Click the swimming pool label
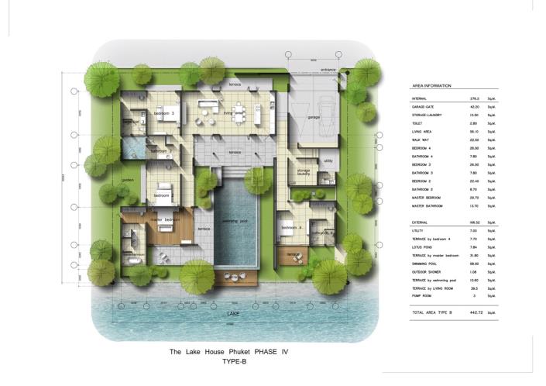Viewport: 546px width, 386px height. point(234,222)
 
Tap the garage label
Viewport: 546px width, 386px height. point(313,117)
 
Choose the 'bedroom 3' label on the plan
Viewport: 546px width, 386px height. point(163,114)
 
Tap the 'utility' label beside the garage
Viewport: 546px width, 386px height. point(328,160)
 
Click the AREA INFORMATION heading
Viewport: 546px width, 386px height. point(431,86)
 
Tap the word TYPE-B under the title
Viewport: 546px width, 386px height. point(228,362)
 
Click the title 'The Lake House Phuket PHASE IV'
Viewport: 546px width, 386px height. point(228,352)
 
